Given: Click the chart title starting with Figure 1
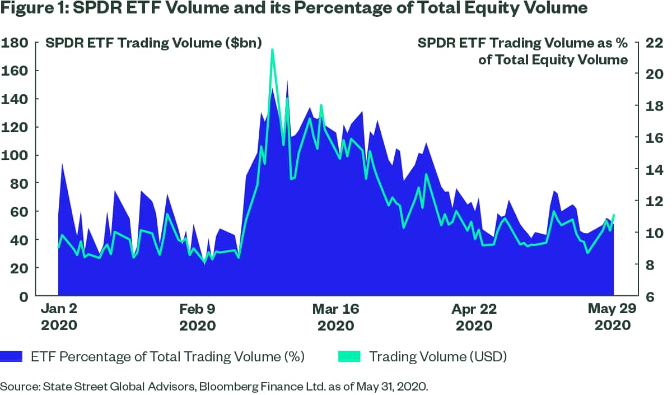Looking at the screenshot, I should [x=294, y=10].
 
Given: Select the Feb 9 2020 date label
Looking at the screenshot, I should [x=197, y=317].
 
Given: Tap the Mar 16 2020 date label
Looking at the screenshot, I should [x=336, y=317].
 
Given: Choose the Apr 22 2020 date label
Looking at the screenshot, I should [x=475, y=317].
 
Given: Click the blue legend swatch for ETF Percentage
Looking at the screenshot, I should [x=12, y=356].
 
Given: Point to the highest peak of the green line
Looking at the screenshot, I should [x=272, y=50].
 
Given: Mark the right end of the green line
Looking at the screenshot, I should [x=614, y=215].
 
